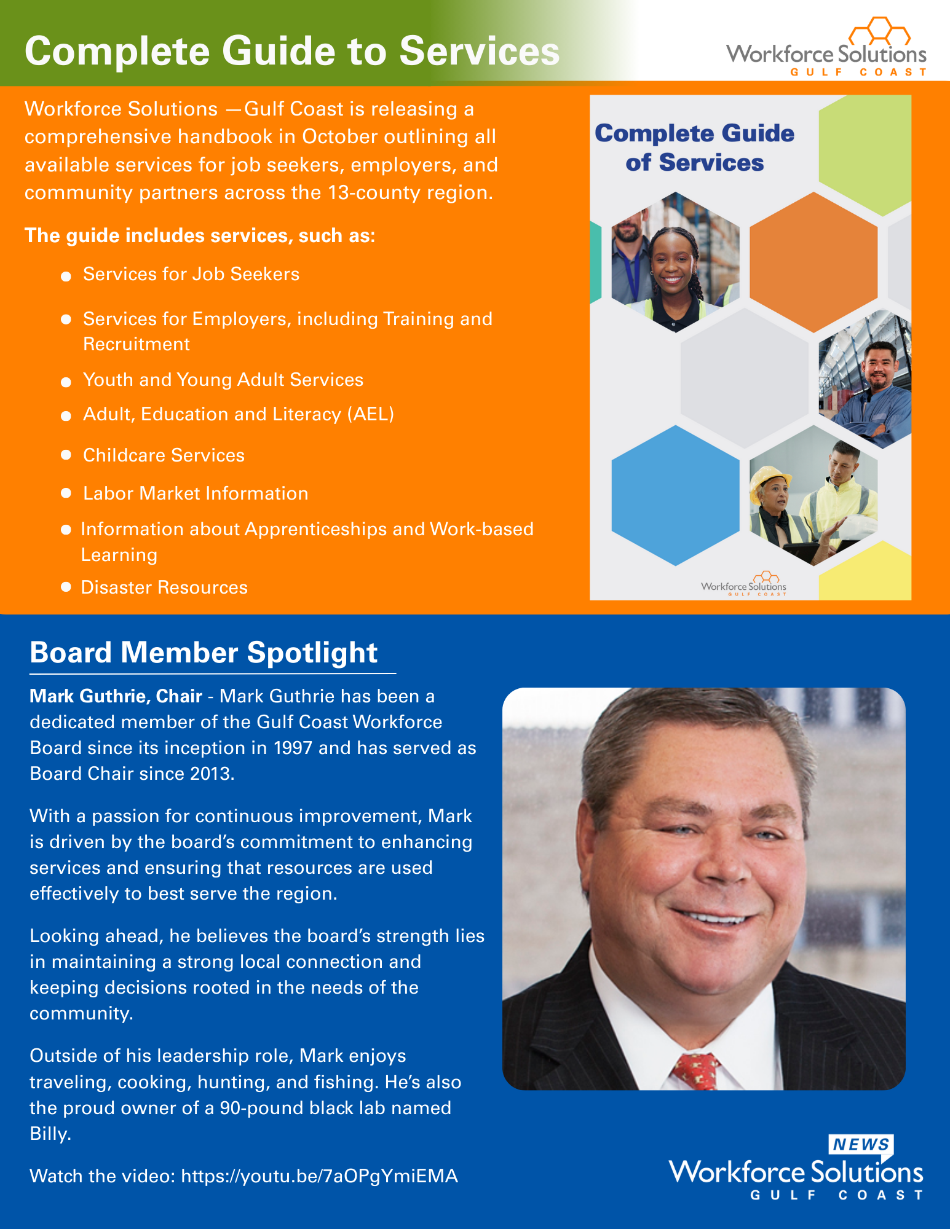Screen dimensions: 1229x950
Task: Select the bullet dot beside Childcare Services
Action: coord(66,455)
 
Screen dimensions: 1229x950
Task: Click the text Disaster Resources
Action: coord(164,587)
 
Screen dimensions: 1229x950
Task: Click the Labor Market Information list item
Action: coord(196,493)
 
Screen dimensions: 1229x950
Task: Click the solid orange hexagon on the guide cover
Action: coord(813,261)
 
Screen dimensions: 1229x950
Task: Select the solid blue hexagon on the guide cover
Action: coord(675,495)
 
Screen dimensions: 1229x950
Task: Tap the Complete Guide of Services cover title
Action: coord(694,148)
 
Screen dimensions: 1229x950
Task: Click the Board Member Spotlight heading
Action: coord(204,653)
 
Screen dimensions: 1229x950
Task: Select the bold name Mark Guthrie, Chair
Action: coord(116,696)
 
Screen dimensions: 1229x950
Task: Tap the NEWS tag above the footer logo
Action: coord(861,1144)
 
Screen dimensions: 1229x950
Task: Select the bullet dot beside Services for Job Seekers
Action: coord(66,277)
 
